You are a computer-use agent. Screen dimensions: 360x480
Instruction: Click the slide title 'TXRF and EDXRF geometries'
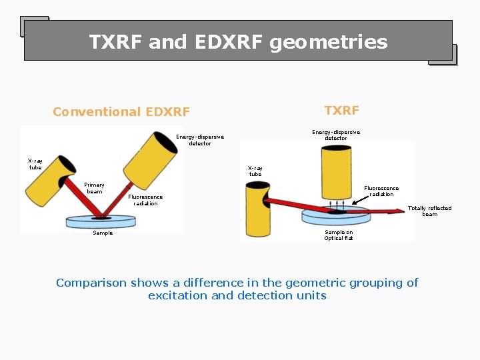coord(238,42)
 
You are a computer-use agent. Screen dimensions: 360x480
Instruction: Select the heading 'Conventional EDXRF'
coord(121,112)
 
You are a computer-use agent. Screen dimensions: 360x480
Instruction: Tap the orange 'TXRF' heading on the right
coord(341,110)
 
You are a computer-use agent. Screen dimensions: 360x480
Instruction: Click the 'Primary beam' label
coord(94,188)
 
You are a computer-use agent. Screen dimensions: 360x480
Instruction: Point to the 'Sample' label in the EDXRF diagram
coord(103,233)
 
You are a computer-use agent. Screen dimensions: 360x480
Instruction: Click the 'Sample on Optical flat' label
coord(339,235)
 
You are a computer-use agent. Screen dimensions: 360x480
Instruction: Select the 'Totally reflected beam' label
coord(429,211)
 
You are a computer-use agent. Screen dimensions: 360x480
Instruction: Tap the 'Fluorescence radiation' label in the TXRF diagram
coord(381,191)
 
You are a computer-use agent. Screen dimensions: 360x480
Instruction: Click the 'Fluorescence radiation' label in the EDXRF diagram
coord(145,200)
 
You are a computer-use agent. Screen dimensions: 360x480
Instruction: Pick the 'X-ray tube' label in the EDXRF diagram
coord(35,164)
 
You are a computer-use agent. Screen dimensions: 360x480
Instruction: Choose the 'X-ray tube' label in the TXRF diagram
coord(255,171)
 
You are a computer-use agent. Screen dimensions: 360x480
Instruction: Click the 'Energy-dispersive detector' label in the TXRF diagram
coord(336,135)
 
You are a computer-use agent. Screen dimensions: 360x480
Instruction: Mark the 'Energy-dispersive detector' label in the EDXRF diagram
coord(200,140)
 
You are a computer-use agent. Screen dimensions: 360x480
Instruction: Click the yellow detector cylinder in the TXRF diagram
coord(336,170)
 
